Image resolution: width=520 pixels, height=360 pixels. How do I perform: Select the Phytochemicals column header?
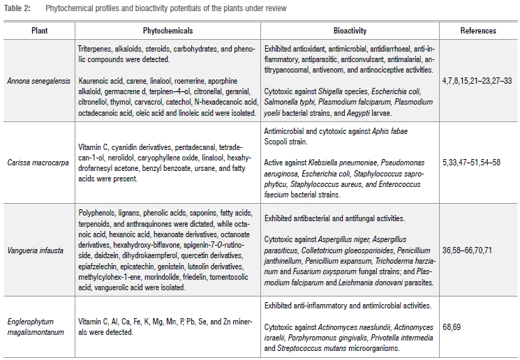click(x=168, y=31)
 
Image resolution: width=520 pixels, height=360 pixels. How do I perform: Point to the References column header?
click(x=478, y=31)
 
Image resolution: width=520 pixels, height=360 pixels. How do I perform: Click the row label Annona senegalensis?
click(x=39, y=81)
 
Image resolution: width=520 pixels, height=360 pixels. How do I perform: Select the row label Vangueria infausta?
click(x=39, y=248)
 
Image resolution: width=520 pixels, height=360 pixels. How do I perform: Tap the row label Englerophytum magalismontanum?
click(x=39, y=327)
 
